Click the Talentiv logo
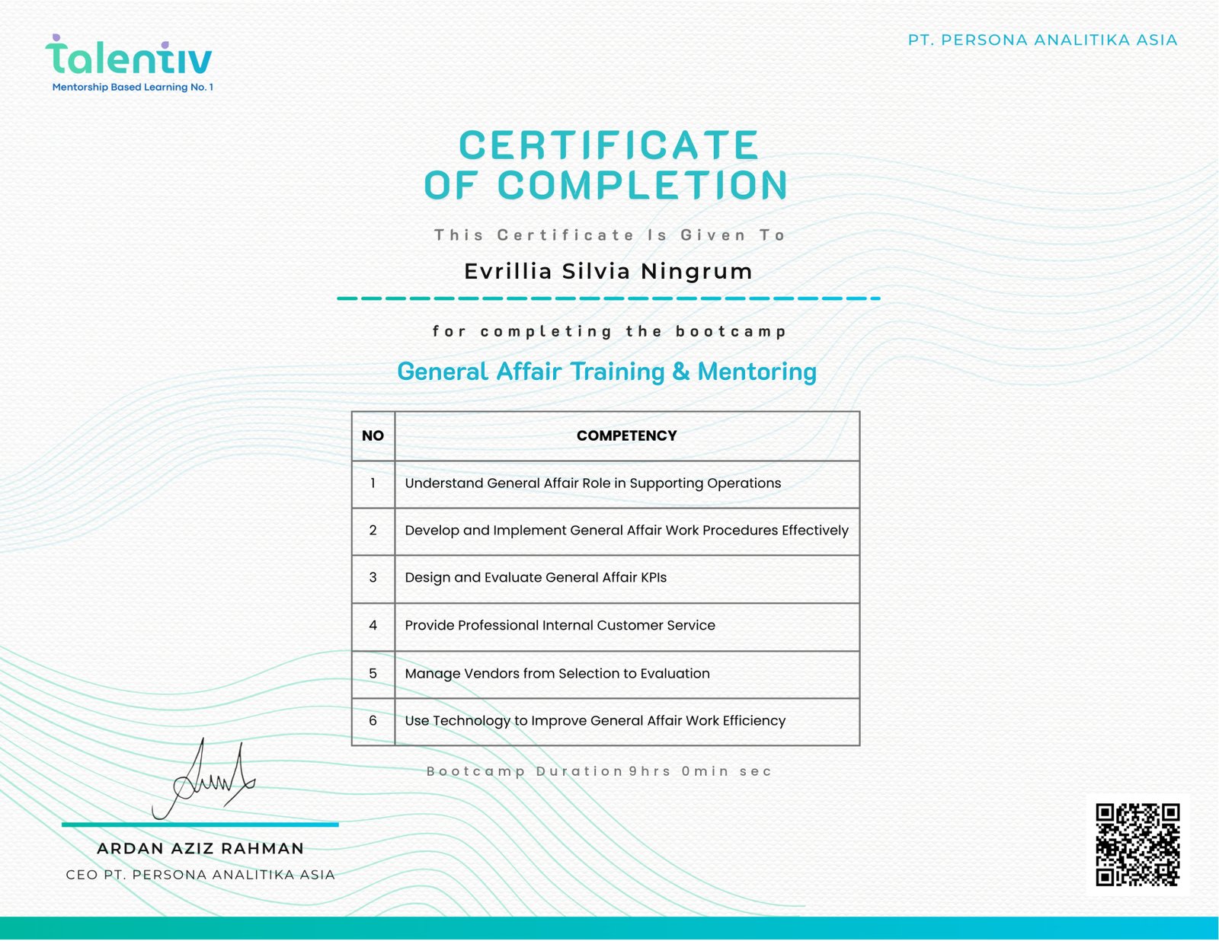coord(129,56)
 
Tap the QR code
coord(1137,844)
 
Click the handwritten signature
coord(204,780)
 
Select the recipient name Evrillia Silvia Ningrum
coord(608,271)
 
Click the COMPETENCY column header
coord(626,435)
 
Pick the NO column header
coord(373,435)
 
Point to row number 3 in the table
coord(373,577)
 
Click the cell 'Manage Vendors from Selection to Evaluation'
coord(557,673)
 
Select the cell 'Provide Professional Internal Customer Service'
coord(560,625)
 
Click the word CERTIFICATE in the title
coord(608,145)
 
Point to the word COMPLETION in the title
coord(642,186)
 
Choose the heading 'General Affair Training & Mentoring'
coord(606,372)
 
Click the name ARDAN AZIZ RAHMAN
coord(200,848)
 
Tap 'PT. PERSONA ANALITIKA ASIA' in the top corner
coord(1042,40)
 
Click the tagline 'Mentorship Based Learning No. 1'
coord(133,87)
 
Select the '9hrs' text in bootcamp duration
coord(649,771)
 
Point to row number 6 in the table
coord(373,720)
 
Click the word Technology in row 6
coord(471,720)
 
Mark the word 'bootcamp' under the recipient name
coord(731,331)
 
